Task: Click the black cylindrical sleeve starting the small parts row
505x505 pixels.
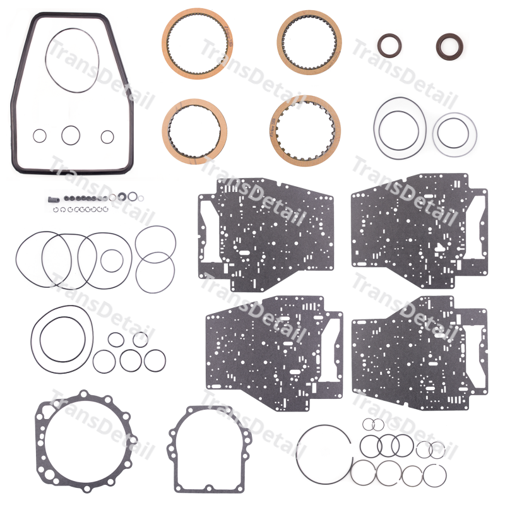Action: (54, 199)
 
